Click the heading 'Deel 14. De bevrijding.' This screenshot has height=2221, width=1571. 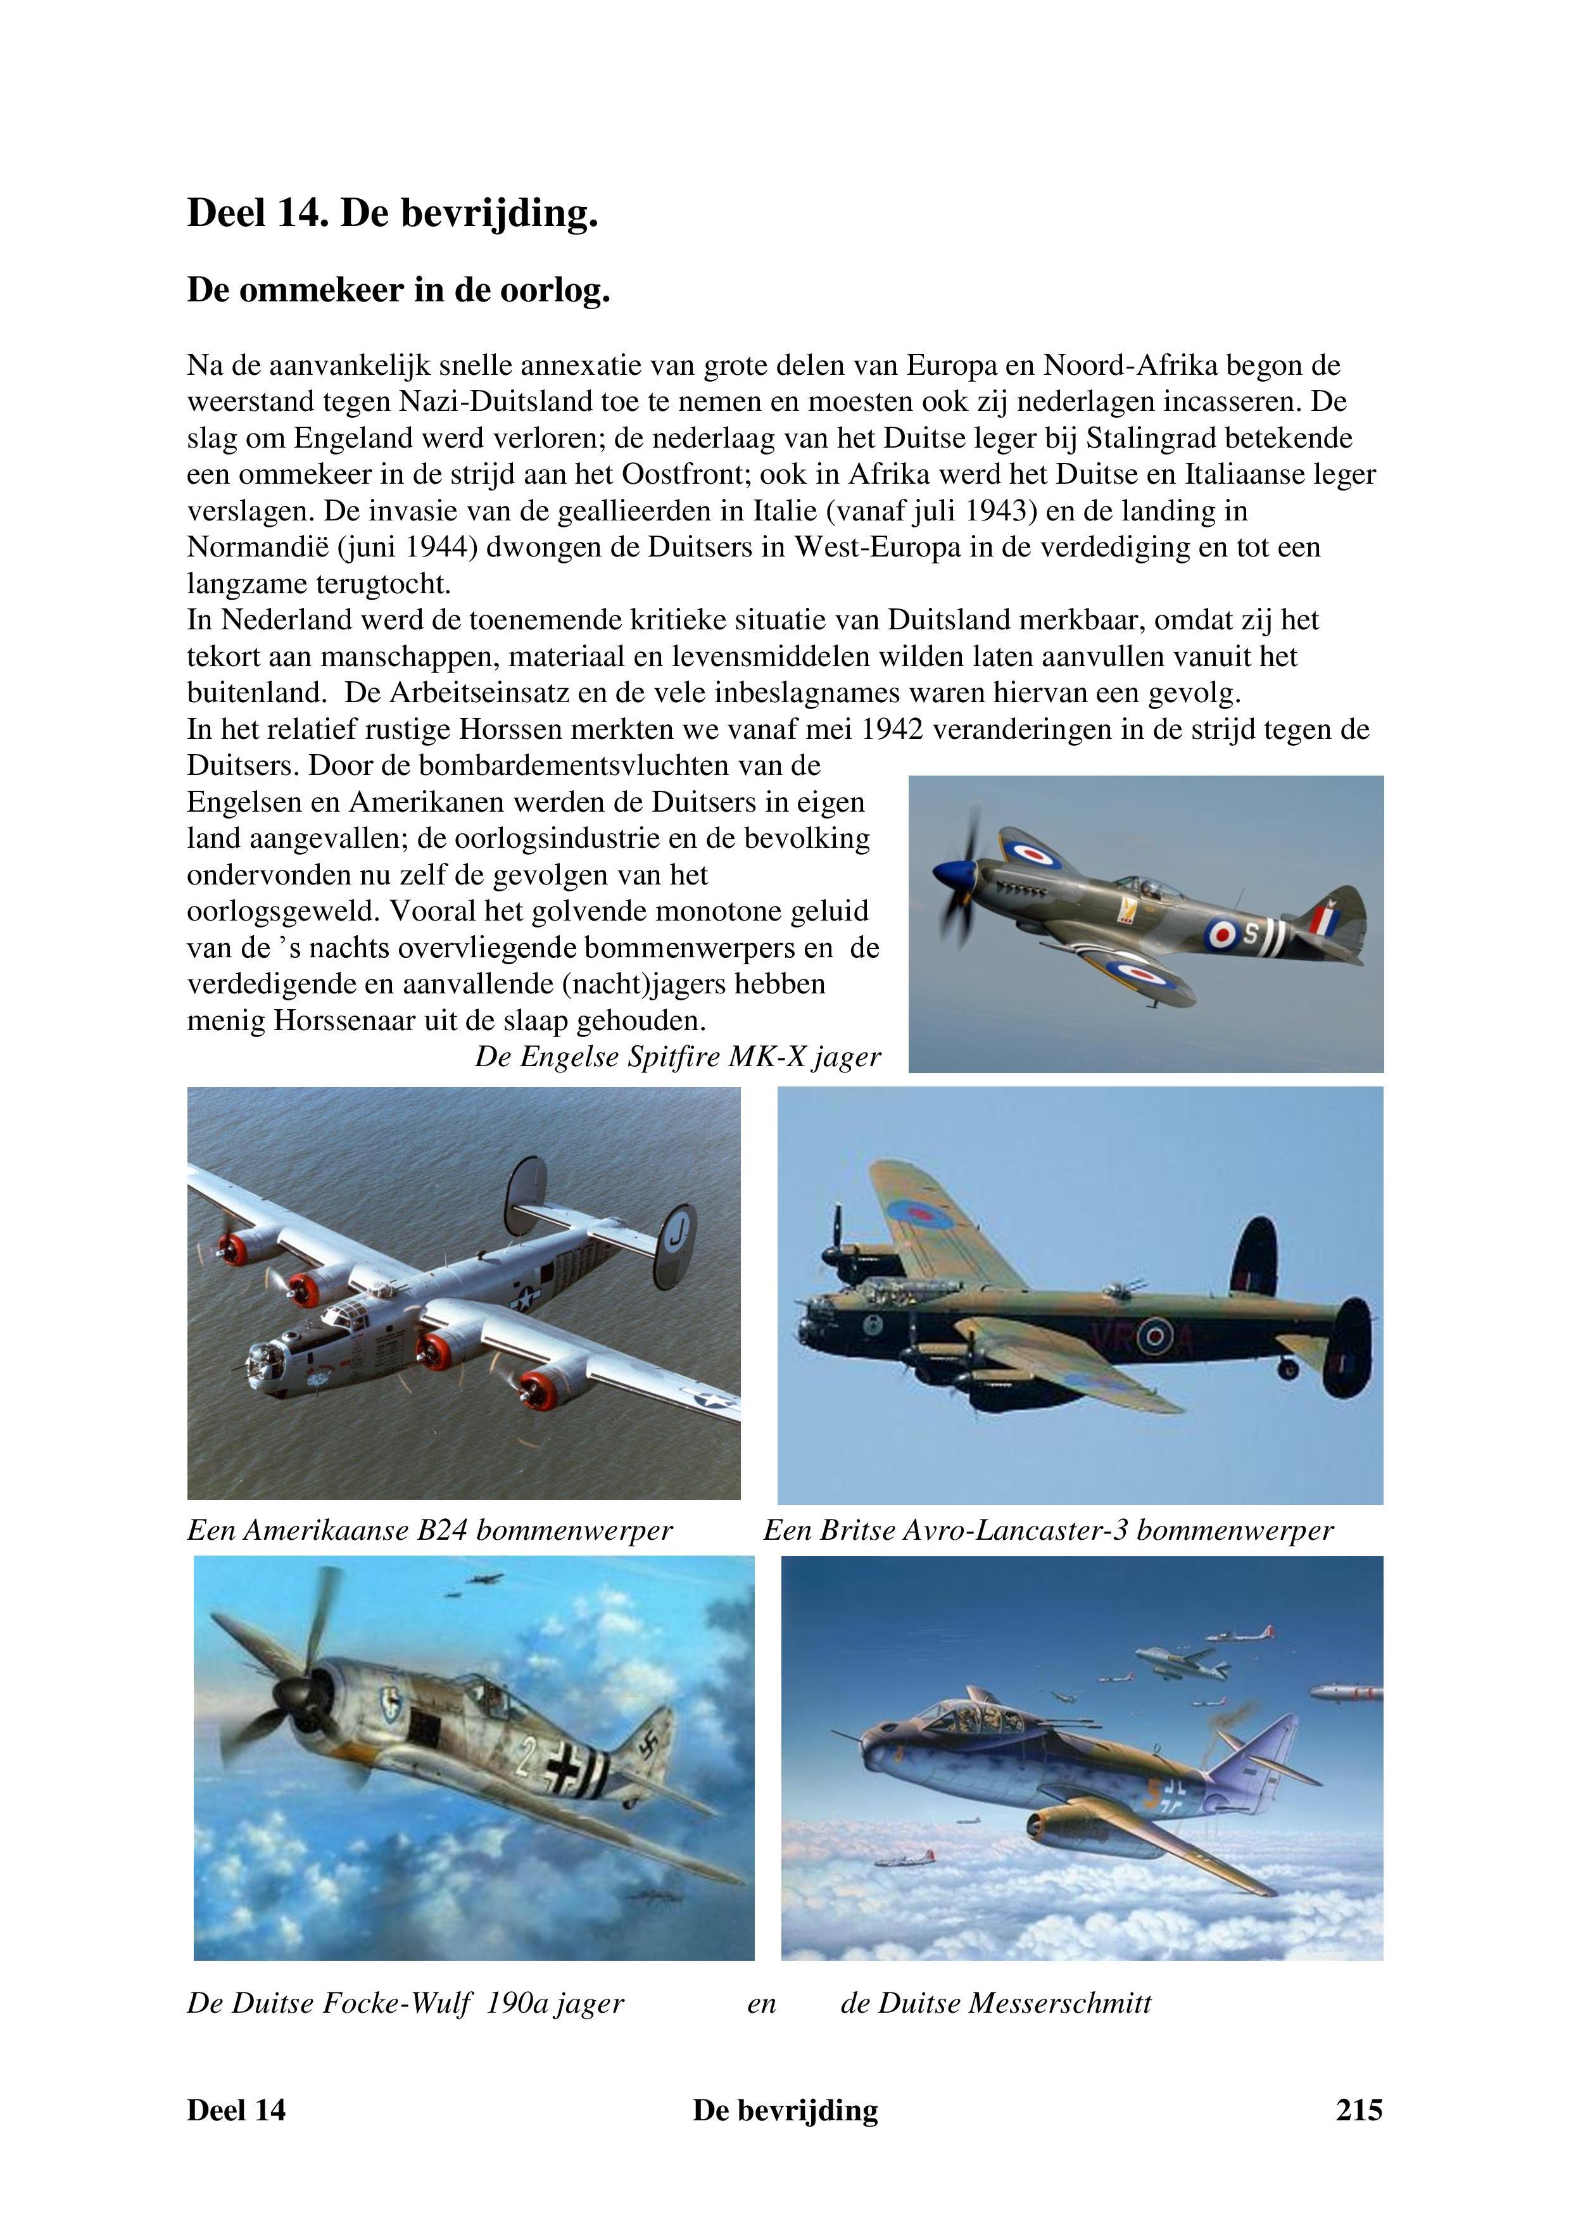click(392, 214)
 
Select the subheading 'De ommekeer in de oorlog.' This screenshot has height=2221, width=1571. click(398, 290)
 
